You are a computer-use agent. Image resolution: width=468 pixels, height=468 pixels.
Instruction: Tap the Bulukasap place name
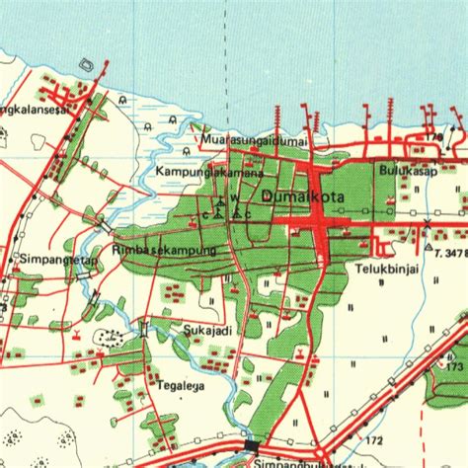coord(408,170)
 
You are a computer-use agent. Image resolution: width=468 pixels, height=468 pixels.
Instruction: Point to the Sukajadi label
coord(207,331)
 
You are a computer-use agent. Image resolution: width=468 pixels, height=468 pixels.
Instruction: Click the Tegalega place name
coord(180,386)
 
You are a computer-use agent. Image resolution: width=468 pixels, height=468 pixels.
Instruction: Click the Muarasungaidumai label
coord(255,140)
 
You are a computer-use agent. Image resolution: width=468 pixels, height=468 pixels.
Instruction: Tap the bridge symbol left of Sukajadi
coord(146,328)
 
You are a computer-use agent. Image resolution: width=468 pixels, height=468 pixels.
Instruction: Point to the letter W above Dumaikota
coord(235,196)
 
